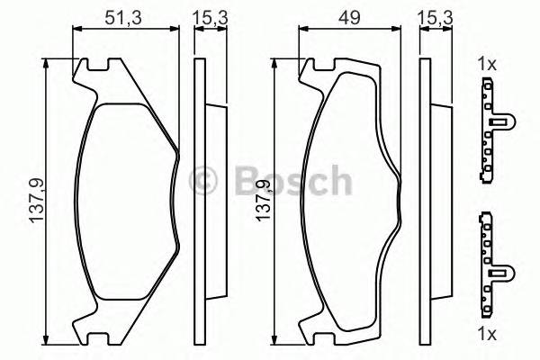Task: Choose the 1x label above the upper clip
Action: tap(487, 64)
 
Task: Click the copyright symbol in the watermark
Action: tap(206, 179)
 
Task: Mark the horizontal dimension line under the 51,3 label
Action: tap(125, 30)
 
